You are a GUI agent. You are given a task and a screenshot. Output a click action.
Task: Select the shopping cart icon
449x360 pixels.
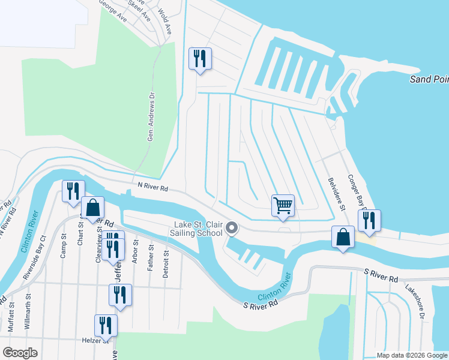tap(283, 205)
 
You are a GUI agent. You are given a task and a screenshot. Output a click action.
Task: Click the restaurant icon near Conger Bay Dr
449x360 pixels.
tap(369, 220)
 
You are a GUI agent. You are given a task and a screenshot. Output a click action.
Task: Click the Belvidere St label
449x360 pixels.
tap(337, 193)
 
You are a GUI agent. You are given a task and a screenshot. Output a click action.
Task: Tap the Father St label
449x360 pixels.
tap(151, 259)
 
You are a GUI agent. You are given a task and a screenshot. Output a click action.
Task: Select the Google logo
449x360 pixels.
tap(20, 352)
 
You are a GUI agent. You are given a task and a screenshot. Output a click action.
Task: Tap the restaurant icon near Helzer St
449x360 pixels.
tap(106, 326)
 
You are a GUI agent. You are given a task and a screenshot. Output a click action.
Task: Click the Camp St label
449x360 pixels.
tap(63, 248)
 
